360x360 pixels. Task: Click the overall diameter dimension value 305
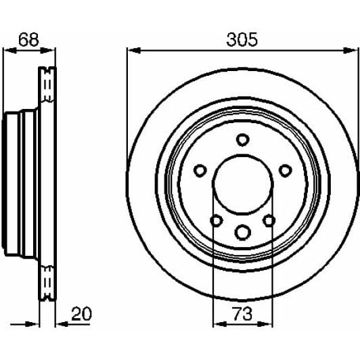[x=242, y=39]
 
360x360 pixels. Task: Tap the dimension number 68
[x=28, y=39]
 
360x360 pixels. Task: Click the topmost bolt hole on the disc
[x=242, y=139]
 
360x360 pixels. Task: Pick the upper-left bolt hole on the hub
[x=200, y=170]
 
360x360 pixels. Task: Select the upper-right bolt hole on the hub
[x=285, y=170]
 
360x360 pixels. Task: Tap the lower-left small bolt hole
[x=216, y=221]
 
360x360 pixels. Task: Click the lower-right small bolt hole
[x=269, y=221]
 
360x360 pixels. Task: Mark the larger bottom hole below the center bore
[x=242, y=232]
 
